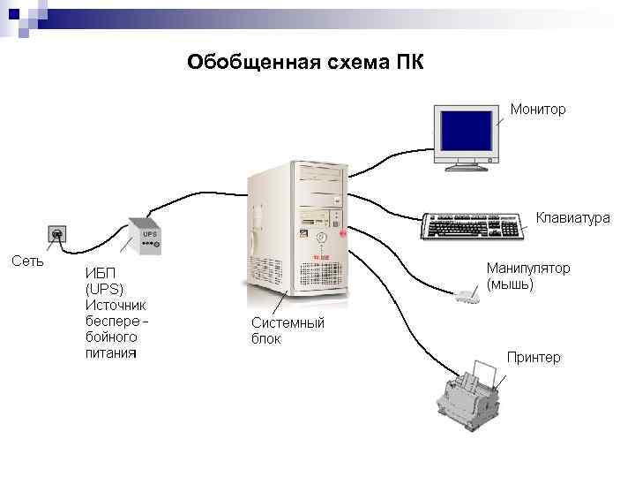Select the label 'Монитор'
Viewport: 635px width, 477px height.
pyautogui.click(x=538, y=110)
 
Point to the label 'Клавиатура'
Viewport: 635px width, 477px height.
pyautogui.click(x=572, y=216)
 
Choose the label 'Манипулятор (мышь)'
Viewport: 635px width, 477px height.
pyautogui.click(x=527, y=276)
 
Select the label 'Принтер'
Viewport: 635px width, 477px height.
pyautogui.click(x=533, y=357)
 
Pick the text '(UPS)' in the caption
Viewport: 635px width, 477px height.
pyautogui.click(x=105, y=289)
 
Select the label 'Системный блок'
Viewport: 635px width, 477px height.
pyautogui.click(x=288, y=330)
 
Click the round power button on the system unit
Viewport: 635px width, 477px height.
pyautogui.click(x=321, y=238)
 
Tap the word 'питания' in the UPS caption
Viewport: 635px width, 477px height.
pyautogui.click(x=110, y=353)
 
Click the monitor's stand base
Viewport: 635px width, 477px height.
pyautogui.click(x=467, y=164)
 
